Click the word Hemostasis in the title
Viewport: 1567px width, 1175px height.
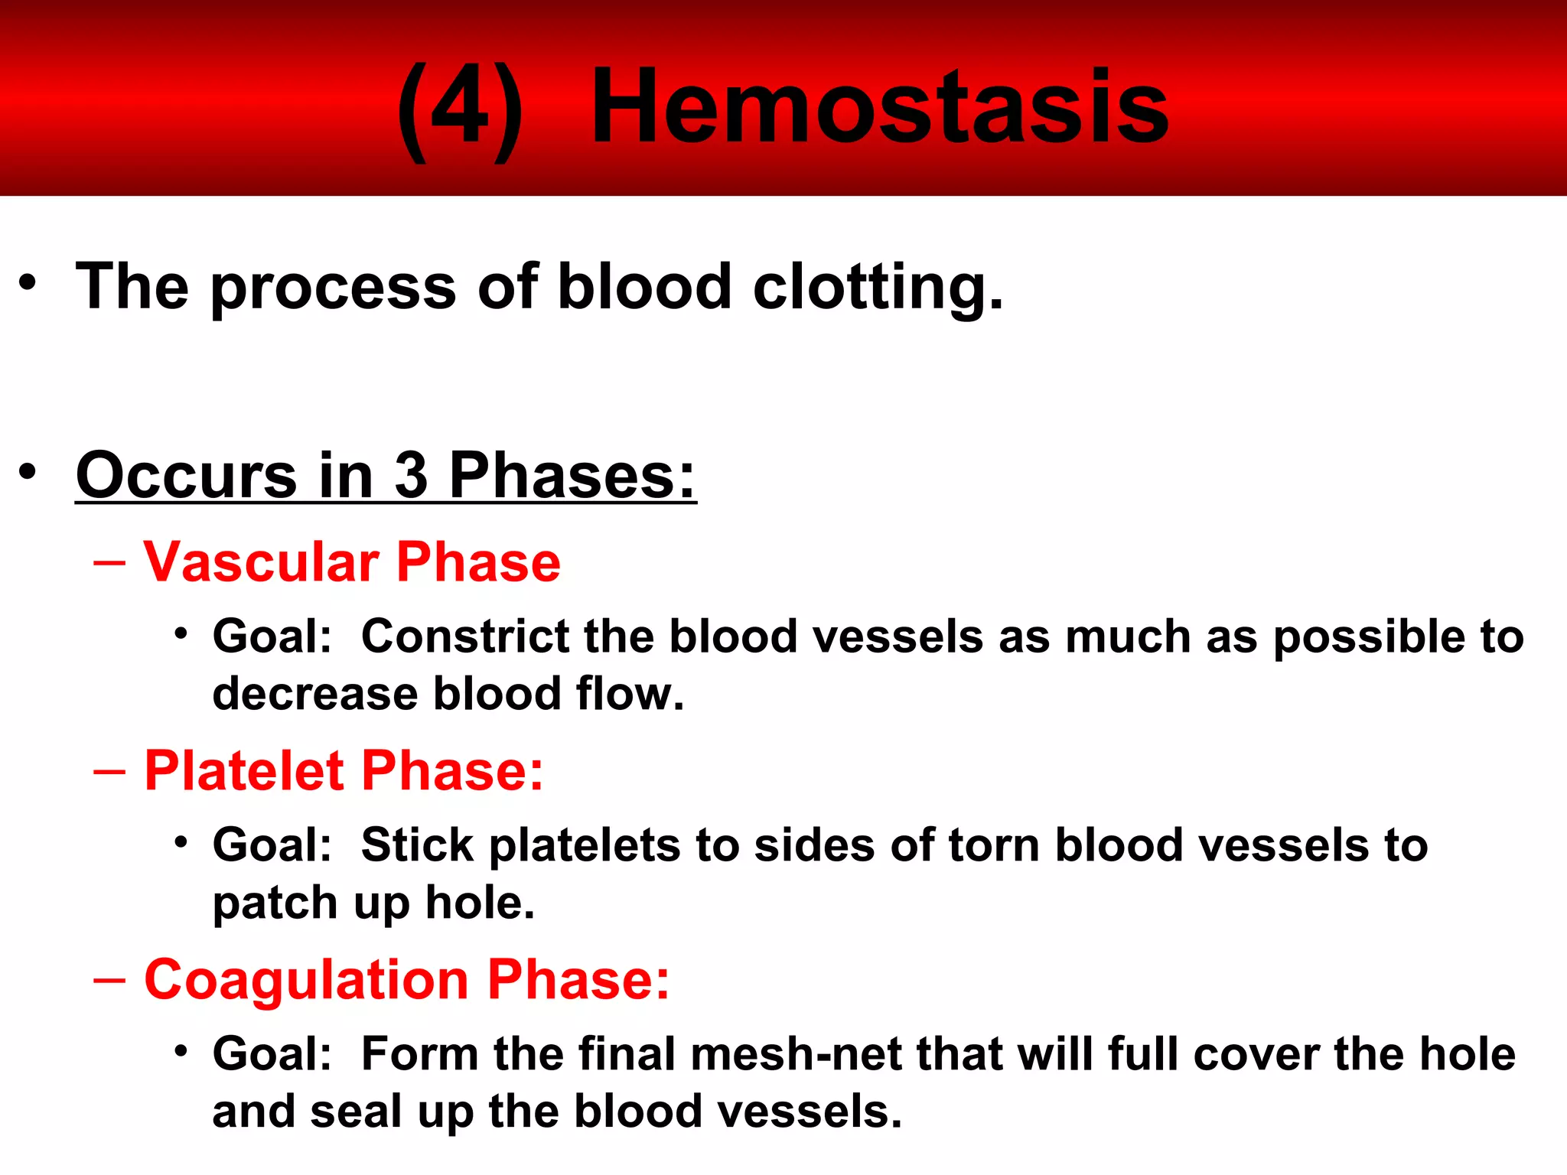[x=880, y=107]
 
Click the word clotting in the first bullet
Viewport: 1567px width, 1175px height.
[x=877, y=288]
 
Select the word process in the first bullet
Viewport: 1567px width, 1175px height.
[x=334, y=289]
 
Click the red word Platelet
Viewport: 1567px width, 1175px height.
[x=244, y=770]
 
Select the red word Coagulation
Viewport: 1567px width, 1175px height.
[x=306, y=980]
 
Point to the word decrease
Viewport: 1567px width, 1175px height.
[x=314, y=694]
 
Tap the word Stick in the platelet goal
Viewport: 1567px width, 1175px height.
[x=417, y=845]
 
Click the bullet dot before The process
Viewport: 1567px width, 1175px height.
[x=28, y=283]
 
